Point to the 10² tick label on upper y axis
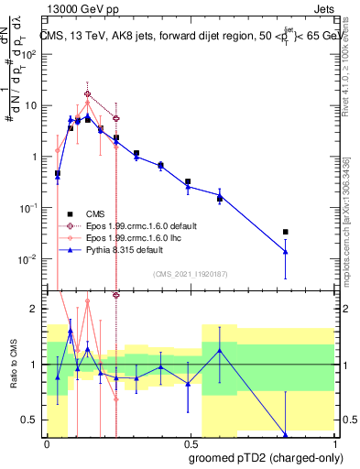[x=28, y=53]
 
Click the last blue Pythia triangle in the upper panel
[x=286, y=251]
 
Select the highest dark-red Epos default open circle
[x=88, y=93]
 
